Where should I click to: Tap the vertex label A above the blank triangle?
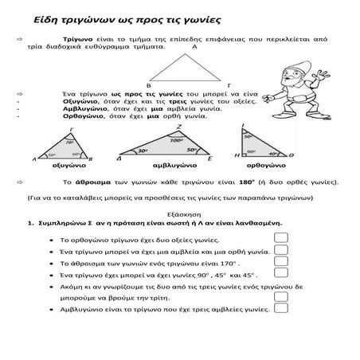(x=194, y=48)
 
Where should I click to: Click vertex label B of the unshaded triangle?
(x=148, y=83)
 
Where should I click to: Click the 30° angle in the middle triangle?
(x=143, y=151)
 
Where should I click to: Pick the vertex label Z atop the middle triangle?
(x=178, y=126)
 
